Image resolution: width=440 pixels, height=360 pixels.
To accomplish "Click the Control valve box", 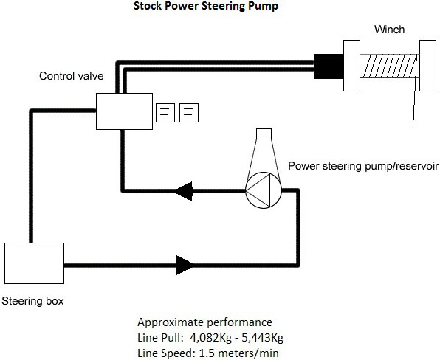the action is [124, 111].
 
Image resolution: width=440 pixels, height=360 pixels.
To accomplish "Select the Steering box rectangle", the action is [34, 263].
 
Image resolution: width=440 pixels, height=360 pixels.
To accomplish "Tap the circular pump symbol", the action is [264, 190].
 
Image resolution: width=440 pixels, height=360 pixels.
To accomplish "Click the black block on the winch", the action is [329, 66].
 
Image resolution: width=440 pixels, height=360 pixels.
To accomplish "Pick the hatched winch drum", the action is [390, 66].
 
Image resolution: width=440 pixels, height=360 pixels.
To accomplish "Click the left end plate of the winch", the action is [352, 66].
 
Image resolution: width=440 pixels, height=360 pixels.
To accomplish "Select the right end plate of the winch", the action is [428, 66].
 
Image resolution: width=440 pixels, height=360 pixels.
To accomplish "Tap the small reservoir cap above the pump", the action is [264, 134].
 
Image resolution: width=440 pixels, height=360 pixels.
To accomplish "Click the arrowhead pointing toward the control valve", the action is [184, 191].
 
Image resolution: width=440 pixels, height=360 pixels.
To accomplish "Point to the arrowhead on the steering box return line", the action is [185, 265].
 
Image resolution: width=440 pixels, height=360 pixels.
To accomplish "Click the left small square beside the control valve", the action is [165, 113].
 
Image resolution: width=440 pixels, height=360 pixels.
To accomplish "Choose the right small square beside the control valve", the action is [189, 113].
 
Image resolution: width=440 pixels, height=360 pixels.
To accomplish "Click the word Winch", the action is [390, 30].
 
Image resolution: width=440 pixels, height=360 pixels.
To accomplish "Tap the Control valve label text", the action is [72, 76].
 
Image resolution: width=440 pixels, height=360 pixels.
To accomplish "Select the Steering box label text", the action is [32, 301].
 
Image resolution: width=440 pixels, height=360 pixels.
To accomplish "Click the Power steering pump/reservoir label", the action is [363, 166].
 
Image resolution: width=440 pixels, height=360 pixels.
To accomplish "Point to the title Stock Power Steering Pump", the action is [206, 6].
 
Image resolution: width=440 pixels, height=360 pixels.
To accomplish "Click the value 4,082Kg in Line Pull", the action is [211, 338].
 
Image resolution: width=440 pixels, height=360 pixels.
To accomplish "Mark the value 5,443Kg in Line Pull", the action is [262, 338].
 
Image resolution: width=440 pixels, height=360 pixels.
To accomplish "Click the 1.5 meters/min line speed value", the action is [238, 353].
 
